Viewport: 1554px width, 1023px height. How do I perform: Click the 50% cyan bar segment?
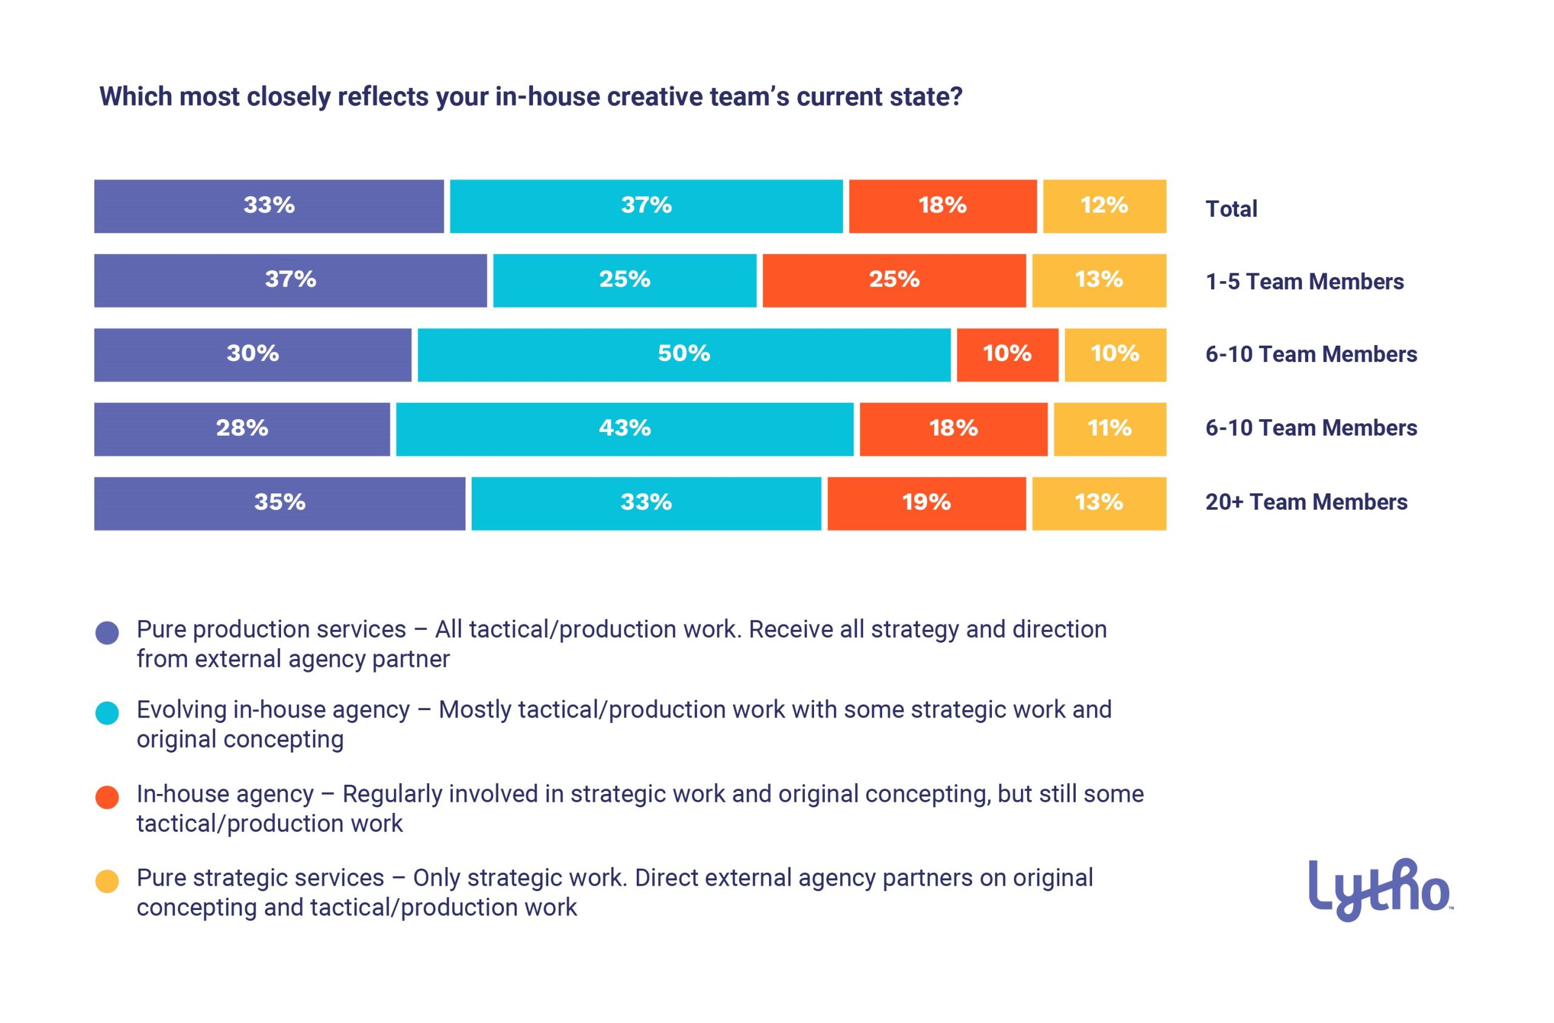click(x=684, y=355)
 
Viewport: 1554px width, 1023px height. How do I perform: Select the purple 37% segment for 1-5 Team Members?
click(x=290, y=280)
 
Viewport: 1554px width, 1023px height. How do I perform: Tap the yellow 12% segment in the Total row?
click(x=1104, y=207)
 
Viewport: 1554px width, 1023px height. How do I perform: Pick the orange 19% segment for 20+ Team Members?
click(x=926, y=503)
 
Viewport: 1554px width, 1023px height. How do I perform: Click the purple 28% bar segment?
click(x=242, y=429)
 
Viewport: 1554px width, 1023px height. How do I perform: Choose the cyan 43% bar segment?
click(x=624, y=429)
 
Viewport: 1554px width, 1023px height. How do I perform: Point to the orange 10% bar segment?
click(x=1007, y=355)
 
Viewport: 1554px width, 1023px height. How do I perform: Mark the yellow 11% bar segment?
click(x=1109, y=429)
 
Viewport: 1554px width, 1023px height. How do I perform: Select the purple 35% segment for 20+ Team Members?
click(x=279, y=503)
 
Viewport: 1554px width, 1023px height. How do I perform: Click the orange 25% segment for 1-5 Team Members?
click(x=894, y=280)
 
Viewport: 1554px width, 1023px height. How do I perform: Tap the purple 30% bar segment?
click(x=253, y=355)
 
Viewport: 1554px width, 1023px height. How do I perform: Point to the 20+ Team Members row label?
click(x=1306, y=502)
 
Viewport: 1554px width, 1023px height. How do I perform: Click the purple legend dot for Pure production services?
click(x=107, y=632)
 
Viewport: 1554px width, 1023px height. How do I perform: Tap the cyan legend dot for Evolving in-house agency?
click(x=107, y=713)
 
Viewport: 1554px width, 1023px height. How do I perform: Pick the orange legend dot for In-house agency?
click(x=107, y=797)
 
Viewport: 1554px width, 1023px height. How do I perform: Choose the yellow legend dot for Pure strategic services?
click(x=107, y=881)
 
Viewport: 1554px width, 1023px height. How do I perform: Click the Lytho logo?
click(x=1380, y=889)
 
